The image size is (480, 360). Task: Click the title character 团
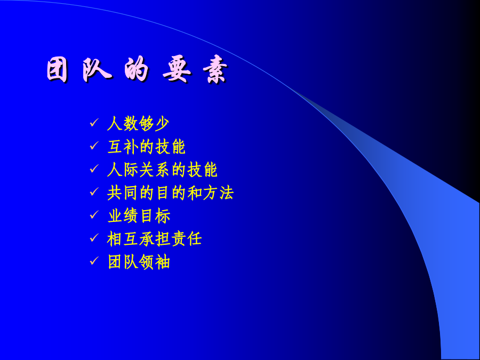click(57, 70)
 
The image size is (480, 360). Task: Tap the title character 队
click(97, 69)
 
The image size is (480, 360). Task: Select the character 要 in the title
click(177, 69)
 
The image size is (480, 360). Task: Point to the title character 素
click(215, 70)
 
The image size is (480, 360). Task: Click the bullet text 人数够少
click(138, 124)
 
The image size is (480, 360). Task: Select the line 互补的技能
click(146, 147)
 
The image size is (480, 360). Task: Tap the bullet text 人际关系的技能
click(162, 170)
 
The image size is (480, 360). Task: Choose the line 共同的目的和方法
click(171, 193)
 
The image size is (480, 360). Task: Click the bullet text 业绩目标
click(139, 216)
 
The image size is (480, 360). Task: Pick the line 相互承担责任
click(154, 239)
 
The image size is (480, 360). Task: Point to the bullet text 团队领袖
click(139, 262)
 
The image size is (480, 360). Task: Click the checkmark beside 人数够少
click(94, 123)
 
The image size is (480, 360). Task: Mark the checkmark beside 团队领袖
click(94, 261)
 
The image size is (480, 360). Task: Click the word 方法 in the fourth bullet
click(218, 193)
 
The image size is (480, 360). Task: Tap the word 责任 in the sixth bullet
click(186, 239)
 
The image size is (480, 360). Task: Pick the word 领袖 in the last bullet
click(155, 262)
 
